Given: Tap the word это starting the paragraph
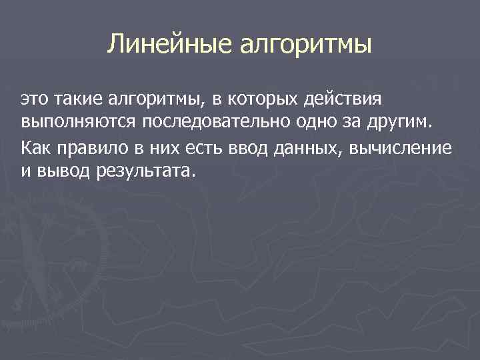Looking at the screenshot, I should pos(33,100).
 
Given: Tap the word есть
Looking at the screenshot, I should pos(194,147).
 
